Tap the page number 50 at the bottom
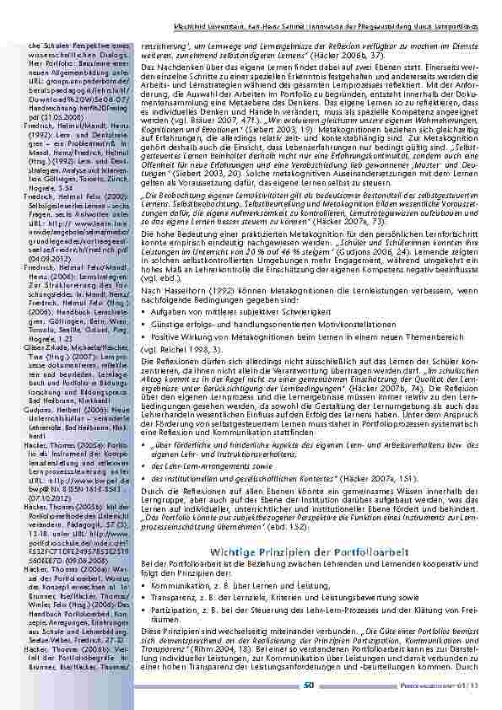click(309, 686)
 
